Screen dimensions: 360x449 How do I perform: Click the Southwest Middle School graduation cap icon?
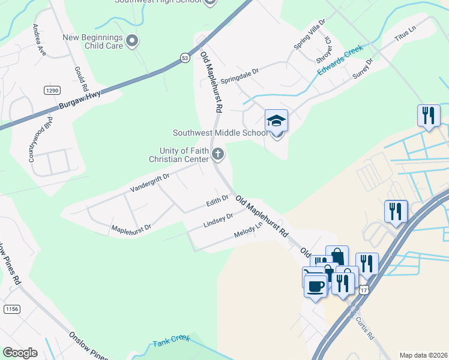[276, 121]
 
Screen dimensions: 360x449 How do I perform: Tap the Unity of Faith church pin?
[218, 155]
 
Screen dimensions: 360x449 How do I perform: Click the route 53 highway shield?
[184, 57]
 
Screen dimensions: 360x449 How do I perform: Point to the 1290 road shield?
[52, 90]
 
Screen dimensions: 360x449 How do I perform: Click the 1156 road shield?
[11, 309]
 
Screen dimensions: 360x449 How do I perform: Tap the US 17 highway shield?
[365, 290]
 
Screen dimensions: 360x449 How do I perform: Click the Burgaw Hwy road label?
[80, 100]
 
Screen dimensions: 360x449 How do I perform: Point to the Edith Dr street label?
[217, 199]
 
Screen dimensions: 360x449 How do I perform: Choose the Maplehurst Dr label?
[131, 229]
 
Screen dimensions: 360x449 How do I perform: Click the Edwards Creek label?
[340, 61]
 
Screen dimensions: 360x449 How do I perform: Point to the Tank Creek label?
[171, 342]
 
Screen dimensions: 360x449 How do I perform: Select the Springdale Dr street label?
[239, 75]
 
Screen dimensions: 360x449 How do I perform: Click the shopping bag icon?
[337, 257]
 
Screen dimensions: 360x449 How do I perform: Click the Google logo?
[20, 352]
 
